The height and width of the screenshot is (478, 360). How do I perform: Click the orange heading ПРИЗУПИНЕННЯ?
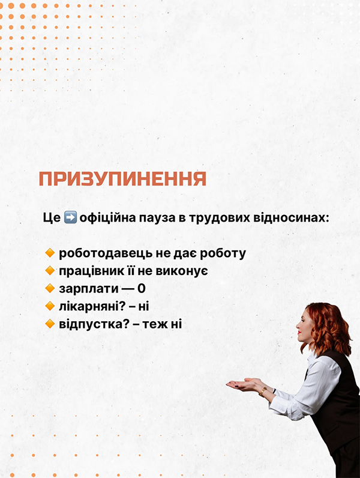click(x=122, y=178)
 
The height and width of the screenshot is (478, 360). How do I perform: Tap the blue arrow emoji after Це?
click(x=70, y=218)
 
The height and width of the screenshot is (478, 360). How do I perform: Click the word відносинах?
click(x=293, y=218)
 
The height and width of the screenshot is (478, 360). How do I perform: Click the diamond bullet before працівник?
click(x=50, y=270)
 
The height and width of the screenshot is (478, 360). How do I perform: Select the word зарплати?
click(x=89, y=289)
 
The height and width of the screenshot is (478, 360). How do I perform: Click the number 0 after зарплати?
click(x=142, y=288)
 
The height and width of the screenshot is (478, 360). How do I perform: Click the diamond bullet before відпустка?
click(x=50, y=324)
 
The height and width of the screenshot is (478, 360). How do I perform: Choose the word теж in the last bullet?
click(x=155, y=324)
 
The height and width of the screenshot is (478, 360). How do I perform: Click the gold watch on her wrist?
click(x=263, y=391)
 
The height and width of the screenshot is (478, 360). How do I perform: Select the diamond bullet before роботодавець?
click(x=50, y=253)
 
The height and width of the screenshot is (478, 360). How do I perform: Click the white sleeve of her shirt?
click(x=305, y=393)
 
